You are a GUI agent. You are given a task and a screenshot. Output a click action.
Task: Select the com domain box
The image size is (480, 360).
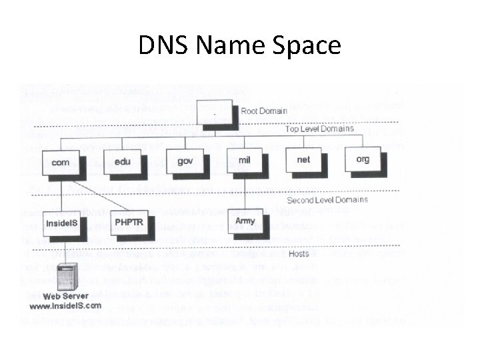pyautogui.click(x=61, y=162)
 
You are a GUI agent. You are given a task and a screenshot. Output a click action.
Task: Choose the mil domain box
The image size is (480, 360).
pyautogui.click(x=245, y=161)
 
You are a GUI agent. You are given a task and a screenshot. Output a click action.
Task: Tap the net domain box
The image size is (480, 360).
pyautogui.click(x=304, y=160)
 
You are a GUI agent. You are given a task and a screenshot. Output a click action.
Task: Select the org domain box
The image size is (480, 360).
pyautogui.click(x=362, y=159)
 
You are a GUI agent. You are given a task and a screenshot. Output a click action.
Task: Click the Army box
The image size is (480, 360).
pyautogui.click(x=246, y=221)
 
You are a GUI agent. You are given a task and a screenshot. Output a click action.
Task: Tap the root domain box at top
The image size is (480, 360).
pyautogui.click(x=216, y=112)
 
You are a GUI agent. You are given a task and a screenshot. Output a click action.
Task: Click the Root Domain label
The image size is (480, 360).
pyautogui.click(x=264, y=111)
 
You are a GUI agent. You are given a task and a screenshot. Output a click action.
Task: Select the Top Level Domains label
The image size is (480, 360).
pyautogui.click(x=319, y=129)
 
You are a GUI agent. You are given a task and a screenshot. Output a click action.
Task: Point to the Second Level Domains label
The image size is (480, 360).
pyautogui.click(x=327, y=200)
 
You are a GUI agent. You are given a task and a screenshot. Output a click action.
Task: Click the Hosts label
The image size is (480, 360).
pyautogui.click(x=299, y=253)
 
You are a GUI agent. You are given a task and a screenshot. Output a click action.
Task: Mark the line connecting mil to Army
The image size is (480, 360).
pyautogui.click(x=245, y=193)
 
